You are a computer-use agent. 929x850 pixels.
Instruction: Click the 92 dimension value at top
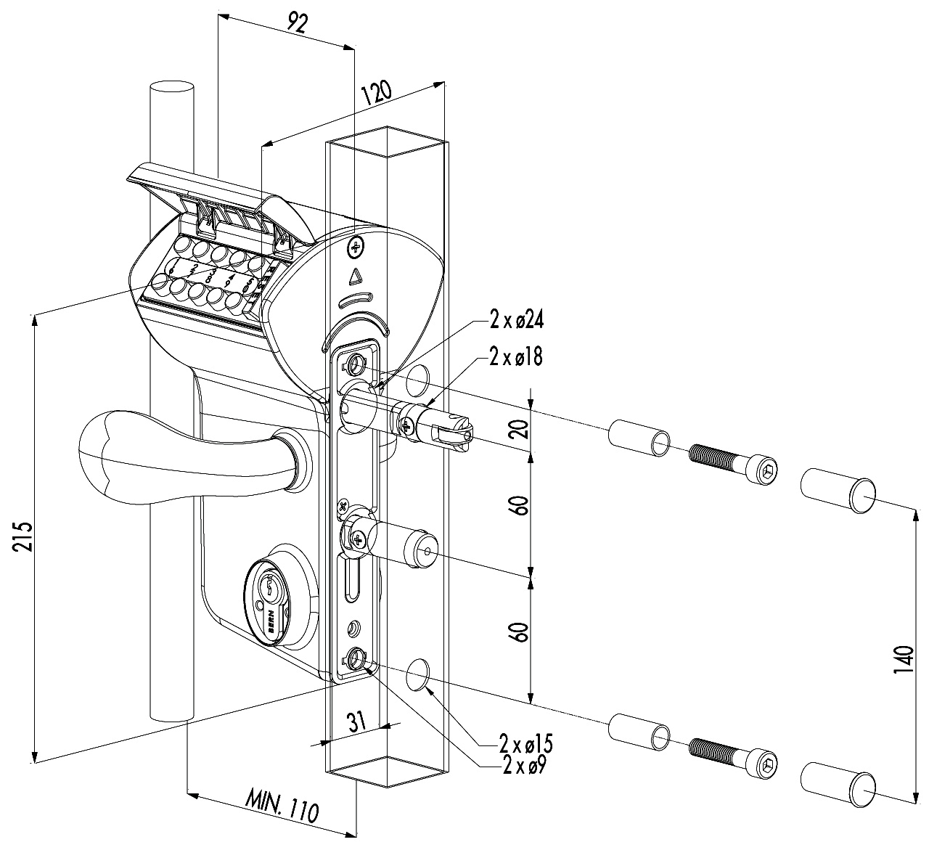[x=295, y=22]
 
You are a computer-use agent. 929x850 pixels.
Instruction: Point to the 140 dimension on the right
[x=901, y=669]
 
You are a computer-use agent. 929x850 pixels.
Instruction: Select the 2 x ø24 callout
[x=517, y=320]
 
